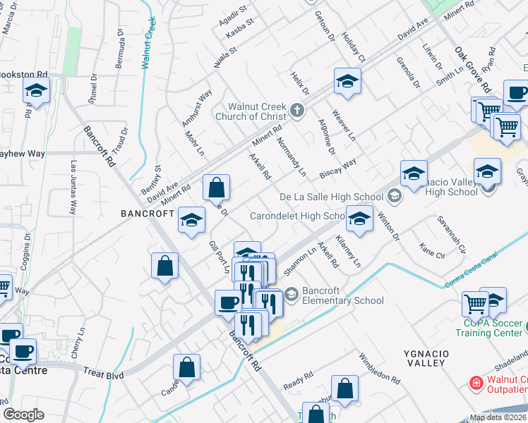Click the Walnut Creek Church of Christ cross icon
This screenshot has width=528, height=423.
click(297, 111)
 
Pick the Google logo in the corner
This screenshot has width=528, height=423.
click(24, 415)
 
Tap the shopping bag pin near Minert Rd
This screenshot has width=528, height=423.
click(217, 188)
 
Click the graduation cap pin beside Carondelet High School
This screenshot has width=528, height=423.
click(359, 219)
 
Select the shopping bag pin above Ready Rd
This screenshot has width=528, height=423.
click(344, 388)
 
